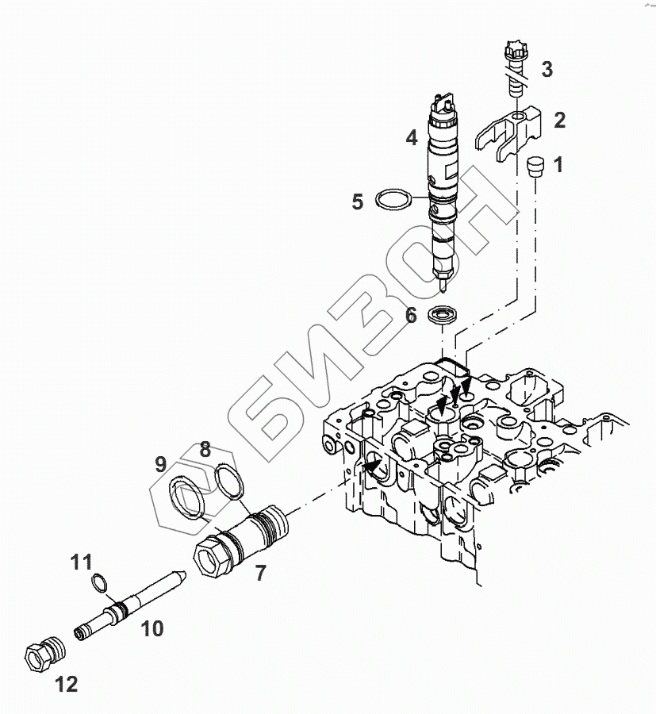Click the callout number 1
[558, 165]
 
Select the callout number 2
[559, 121]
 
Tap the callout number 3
[547, 69]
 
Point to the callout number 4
[411, 137]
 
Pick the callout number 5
[358, 202]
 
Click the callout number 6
[411, 315]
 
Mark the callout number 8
[205, 449]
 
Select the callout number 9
[160, 463]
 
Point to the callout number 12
[67, 684]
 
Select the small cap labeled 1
[535, 167]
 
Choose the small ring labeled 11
[99, 583]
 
